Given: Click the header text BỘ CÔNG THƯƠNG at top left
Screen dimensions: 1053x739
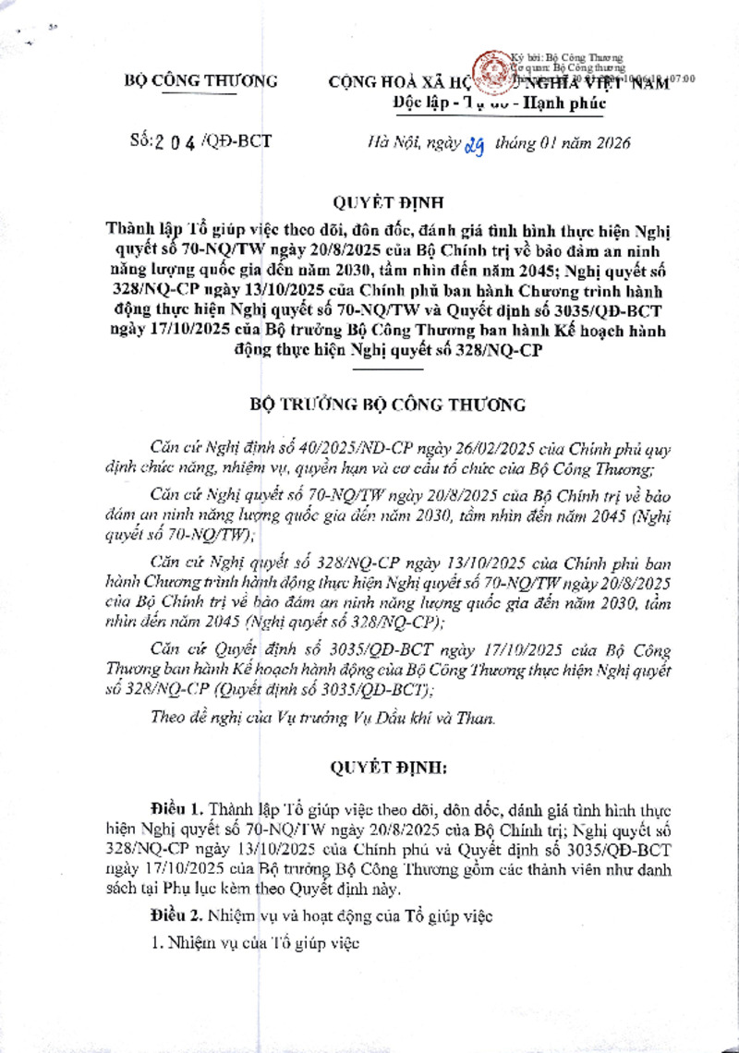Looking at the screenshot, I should (x=200, y=81).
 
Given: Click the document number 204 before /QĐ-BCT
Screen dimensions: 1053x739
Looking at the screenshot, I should (x=173, y=143).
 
